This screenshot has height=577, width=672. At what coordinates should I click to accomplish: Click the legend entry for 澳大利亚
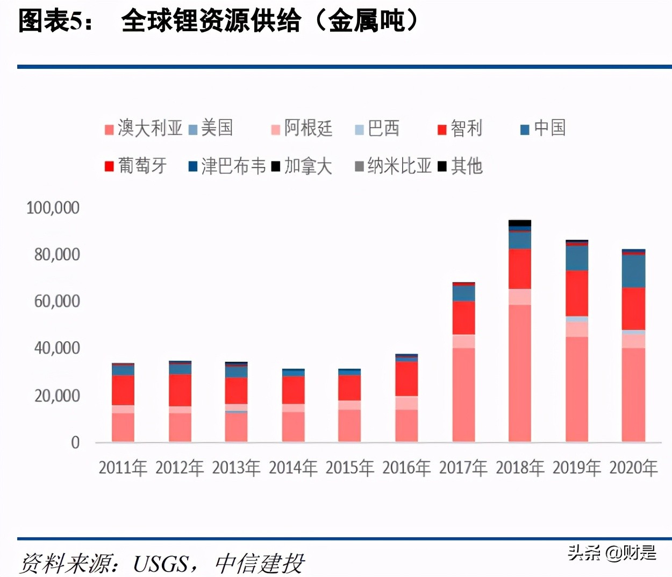pos(144,128)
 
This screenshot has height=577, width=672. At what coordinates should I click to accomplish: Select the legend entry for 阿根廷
pos(302,128)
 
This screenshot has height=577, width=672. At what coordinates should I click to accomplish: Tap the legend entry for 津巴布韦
pos(227,166)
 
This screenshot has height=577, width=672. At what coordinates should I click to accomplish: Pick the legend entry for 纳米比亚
pos(393,166)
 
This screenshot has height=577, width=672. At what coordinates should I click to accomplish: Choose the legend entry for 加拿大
pos(302,166)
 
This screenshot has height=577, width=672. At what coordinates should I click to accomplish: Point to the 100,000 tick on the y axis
pos(53,207)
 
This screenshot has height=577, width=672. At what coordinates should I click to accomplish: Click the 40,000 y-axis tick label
pos(57,348)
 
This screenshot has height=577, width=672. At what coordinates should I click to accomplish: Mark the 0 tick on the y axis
pos(75,442)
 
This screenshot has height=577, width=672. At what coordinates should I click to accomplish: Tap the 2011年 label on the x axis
pos(123,468)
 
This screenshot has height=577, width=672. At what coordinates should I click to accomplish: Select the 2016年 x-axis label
pos(406,468)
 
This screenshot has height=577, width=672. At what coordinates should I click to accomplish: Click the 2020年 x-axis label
pos(633,468)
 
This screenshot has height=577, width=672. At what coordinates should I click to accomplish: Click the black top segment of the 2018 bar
pos(520,223)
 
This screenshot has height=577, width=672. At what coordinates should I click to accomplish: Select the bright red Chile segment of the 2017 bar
pos(463,318)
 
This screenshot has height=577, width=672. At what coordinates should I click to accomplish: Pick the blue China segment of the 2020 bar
pos(633,271)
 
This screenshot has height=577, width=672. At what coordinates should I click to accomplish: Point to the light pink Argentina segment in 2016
pos(406,403)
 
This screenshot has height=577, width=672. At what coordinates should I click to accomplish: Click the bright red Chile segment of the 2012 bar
pos(180,390)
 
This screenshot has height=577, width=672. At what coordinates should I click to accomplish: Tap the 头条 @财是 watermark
pos(612,552)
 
